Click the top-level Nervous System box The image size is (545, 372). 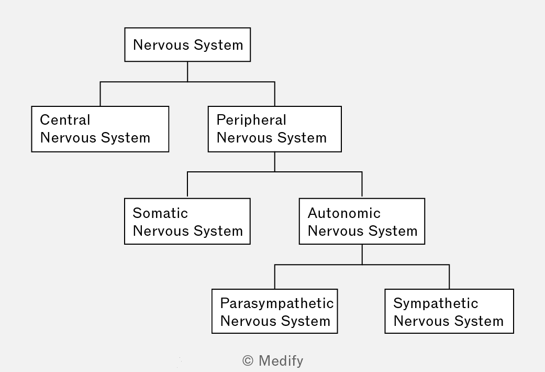pos(188,45)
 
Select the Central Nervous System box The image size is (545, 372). pos(100,129)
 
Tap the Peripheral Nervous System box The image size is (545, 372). pos(274,129)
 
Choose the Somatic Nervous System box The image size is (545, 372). pos(187,221)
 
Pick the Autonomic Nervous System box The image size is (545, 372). pos(362,221)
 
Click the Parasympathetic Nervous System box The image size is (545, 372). pos(274,311)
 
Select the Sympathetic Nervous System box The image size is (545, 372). pos(449,311)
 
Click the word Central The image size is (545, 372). pos(65,120)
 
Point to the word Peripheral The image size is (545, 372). pos(251,121)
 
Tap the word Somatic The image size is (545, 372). pos(160,213)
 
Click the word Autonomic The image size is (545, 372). pos(344,213)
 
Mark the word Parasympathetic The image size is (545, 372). pos(277,304)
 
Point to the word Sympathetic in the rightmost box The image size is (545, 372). pos(436,304)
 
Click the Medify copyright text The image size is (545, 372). pos(273,361)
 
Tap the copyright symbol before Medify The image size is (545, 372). pos(248,361)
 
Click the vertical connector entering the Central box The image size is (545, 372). pos(100,94)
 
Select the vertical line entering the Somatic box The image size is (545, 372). pos(187,185)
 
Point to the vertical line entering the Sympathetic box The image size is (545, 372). pos(449,277)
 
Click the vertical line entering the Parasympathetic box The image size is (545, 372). pos(274,277)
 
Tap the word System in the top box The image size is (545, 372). pos(218,45)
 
